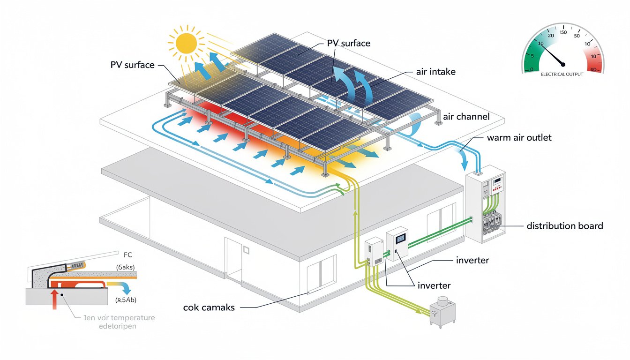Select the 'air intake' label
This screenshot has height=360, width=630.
(435, 72)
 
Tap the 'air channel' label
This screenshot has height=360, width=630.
(466, 116)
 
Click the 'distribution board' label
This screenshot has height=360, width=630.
(564, 226)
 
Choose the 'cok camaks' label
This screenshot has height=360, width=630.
(209, 307)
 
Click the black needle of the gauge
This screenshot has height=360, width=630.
(552, 54)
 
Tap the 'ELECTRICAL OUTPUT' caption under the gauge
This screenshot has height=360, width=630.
(562, 75)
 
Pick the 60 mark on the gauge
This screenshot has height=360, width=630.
(594, 70)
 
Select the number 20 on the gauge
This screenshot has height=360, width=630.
(550, 36)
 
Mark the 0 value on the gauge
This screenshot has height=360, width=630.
(531, 70)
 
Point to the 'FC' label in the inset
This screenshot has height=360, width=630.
(128, 255)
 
